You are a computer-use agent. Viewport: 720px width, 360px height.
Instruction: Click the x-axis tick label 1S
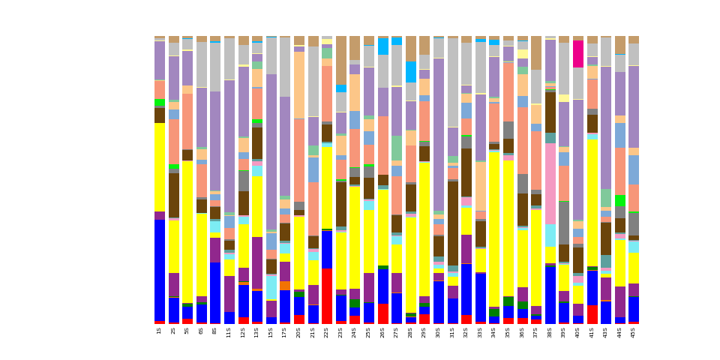coord(160,330)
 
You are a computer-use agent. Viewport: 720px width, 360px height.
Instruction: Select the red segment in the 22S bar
coord(327,295)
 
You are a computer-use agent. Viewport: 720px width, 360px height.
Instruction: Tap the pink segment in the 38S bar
coord(550,184)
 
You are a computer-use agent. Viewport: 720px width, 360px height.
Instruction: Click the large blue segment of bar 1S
coord(160,270)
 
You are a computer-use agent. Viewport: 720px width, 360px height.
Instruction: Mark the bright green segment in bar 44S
coord(619,201)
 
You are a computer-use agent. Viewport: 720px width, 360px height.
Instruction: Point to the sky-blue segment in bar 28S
coord(411,72)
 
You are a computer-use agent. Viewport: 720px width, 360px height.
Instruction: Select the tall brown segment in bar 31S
coord(453,223)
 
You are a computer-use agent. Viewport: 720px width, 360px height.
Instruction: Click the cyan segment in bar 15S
coord(271,287)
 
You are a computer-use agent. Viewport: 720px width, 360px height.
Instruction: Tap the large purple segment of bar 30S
coord(439,135)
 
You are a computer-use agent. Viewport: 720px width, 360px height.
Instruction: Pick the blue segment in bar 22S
coord(327,249)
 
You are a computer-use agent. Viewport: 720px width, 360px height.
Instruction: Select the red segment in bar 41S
coord(592,314)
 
